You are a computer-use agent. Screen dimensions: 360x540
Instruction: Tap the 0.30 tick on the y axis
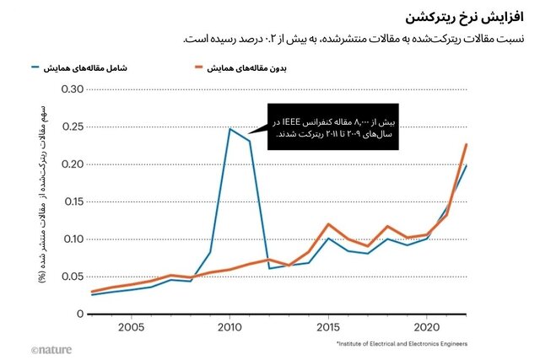coord(72,89)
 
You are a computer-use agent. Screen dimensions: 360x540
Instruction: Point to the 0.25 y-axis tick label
coord(72,126)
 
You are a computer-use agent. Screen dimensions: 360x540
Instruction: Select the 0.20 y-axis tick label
coord(72,164)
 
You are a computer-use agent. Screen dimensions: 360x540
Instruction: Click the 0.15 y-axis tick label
coord(72,201)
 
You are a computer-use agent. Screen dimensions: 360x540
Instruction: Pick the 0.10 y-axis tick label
coord(72,239)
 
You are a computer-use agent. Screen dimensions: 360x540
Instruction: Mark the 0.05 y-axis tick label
coord(72,277)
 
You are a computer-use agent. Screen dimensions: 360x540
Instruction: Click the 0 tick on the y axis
coord(80,314)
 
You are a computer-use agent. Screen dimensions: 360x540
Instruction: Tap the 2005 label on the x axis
coord(131,327)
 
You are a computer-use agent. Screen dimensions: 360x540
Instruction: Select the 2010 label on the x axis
coord(229,327)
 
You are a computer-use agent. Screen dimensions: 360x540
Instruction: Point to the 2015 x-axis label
coord(328,327)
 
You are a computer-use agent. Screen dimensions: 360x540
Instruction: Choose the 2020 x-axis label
coord(427,327)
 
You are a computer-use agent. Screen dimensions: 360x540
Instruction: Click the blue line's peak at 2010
coord(229,129)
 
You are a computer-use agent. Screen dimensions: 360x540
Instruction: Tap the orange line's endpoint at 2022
coord(467,144)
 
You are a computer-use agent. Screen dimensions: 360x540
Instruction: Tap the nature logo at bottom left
coord(53,349)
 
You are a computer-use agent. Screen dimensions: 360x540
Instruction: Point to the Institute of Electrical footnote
coord(401,345)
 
